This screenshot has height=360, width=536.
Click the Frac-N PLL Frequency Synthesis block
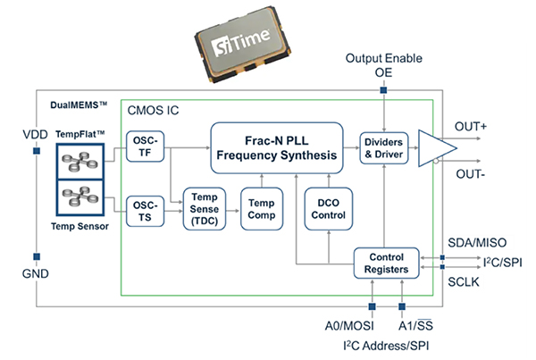click(x=276, y=147)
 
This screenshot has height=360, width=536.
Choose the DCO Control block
click(x=327, y=207)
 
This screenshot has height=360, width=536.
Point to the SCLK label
click(x=466, y=280)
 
